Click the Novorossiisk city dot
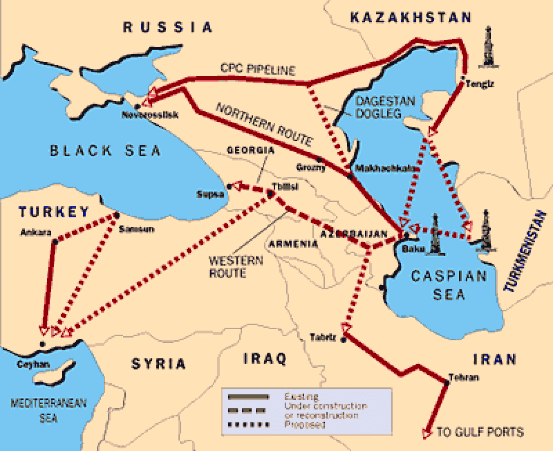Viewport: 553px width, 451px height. coord(137,106)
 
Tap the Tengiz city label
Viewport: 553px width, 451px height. coord(480,84)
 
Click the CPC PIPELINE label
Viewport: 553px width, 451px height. coord(257,69)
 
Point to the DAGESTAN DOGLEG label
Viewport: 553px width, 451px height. coord(385,107)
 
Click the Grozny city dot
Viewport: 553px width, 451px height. coord(320,160)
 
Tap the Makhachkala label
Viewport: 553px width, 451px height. coord(385,168)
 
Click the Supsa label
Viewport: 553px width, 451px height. coord(210,194)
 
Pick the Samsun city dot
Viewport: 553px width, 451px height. coord(117,215)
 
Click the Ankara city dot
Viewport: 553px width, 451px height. coord(55,242)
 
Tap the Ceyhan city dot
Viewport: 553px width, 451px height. coord(43,344)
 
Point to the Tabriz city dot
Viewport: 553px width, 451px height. coord(344,339)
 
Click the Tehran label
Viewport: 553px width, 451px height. coord(464,377)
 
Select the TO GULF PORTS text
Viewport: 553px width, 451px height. coord(480,432)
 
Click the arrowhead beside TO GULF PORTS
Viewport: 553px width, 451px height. coord(427,433)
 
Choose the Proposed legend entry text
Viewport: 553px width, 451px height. coord(305,425)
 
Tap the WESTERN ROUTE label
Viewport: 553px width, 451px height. coord(235,267)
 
